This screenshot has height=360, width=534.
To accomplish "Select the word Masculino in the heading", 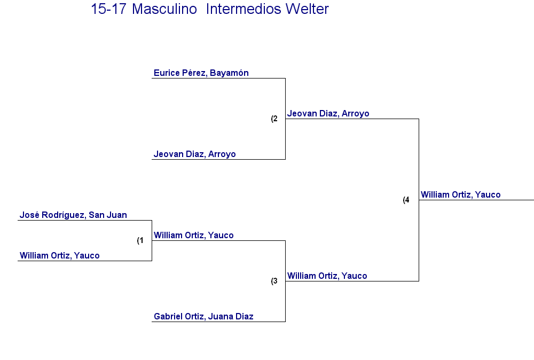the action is click(x=164, y=9).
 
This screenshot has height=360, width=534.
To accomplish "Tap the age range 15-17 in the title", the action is click(x=108, y=9).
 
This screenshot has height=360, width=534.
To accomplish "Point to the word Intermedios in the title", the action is click(x=242, y=9).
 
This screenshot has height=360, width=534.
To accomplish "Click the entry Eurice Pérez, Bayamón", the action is click(x=201, y=73).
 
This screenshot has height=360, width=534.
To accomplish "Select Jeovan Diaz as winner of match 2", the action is click(x=328, y=113).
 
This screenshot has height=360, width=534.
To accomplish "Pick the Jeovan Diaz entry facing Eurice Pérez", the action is click(x=194, y=154).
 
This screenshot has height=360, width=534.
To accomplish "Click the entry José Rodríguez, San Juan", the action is click(x=73, y=215).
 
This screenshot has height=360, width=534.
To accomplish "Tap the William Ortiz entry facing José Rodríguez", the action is click(x=60, y=255).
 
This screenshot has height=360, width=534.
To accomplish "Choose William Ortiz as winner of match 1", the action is click(x=193, y=235).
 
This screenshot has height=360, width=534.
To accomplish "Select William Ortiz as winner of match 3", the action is click(x=327, y=276).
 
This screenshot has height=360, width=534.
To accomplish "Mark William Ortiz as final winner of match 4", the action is click(x=460, y=194).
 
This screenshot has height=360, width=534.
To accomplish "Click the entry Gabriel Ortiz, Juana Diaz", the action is click(x=203, y=316).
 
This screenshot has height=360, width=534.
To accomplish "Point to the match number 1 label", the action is click(x=140, y=240).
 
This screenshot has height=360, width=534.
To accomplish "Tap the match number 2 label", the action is click(x=274, y=119).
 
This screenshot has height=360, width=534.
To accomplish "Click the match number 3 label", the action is click(x=274, y=281).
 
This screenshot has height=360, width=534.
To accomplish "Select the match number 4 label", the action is click(x=406, y=200).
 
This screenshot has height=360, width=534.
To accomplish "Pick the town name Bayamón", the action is click(x=229, y=73).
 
